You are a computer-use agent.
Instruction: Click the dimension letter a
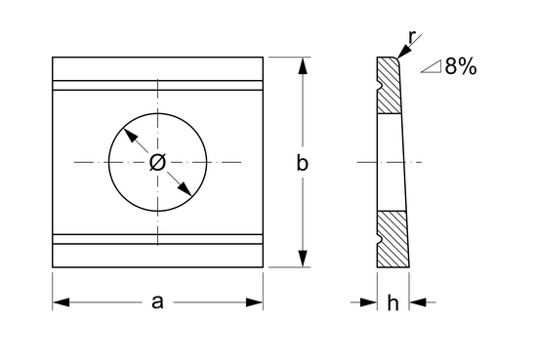pos(157,302)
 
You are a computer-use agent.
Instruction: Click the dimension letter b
pos(302,163)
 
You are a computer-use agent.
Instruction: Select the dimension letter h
pos(392,302)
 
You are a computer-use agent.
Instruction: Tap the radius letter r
pos(412,37)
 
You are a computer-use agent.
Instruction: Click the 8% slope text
pos(461,66)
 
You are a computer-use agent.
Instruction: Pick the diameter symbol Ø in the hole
pos(157,162)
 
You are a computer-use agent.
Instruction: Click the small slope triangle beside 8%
pos(432,66)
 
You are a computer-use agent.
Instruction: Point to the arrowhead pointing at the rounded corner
pos(403,53)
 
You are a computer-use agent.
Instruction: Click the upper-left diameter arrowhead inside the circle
pos(130,136)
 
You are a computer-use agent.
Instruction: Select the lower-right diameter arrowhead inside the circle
pos(185,188)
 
